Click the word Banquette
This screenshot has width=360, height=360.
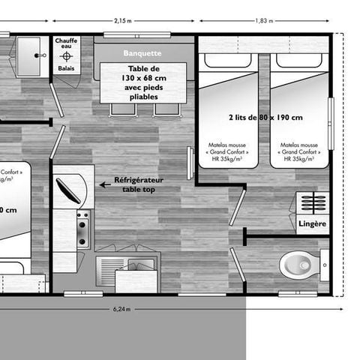point(142,54)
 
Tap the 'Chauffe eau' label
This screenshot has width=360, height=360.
point(66,44)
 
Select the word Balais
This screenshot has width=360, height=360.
point(66,68)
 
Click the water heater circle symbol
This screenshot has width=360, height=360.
point(66,56)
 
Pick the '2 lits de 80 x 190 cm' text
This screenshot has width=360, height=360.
point(265,117)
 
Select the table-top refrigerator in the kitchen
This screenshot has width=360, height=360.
point(73,187)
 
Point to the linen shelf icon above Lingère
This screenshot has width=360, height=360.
point(312,204)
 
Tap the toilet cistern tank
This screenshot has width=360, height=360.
point(324,265)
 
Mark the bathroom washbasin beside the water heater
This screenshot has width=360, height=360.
point(33,52)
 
